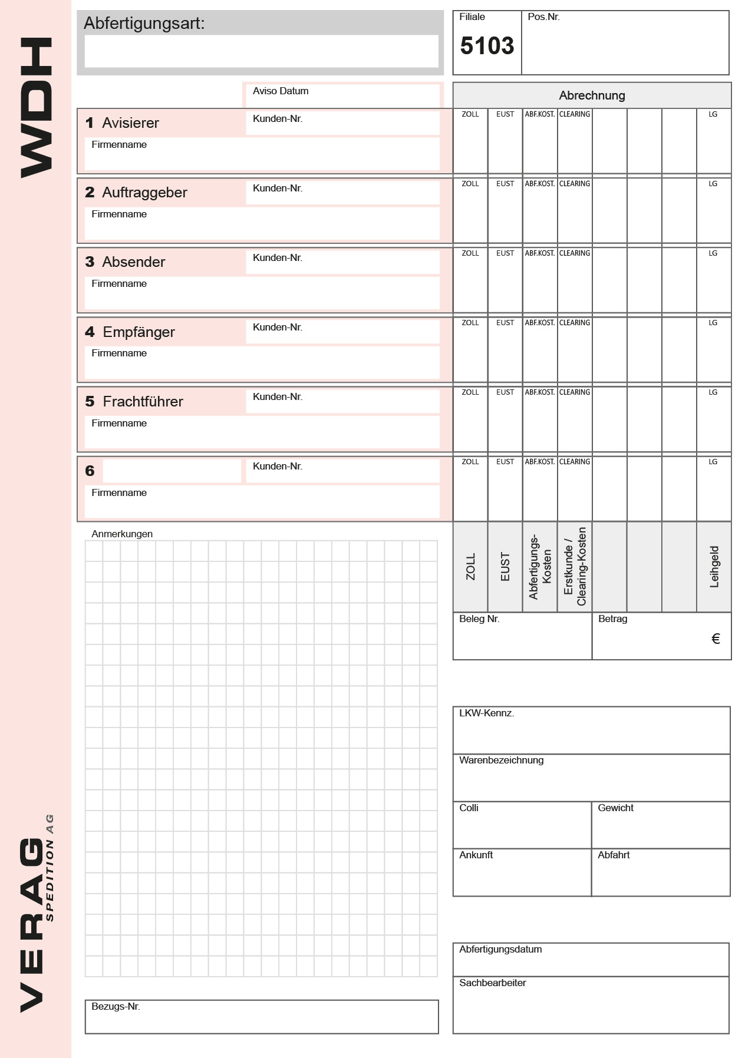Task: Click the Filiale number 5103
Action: pos(487,46)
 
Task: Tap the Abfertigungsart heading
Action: pos(144,24)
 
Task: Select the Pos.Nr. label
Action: pos(543,17)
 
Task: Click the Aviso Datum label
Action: pos(281,91)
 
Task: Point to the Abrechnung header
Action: pos(592,95)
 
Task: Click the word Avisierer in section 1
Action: pos(130,123)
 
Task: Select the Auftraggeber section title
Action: pos(144,193)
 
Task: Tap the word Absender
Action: pos(134,262)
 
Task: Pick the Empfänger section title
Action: pos(139,332)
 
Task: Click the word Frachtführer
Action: pos(143,402)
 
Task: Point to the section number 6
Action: pos(90,471)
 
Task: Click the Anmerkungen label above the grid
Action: pos(122,534)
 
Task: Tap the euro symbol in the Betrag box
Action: pos(716,639)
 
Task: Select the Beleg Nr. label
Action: pos(479,619)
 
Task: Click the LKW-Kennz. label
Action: pos(486,713)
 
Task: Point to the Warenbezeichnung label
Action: pos(501,761)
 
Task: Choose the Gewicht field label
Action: pos(615,808)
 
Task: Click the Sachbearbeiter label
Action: pos(492,983)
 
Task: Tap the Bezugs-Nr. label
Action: pos(116,1007)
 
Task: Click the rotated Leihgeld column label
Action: pos(714,567)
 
